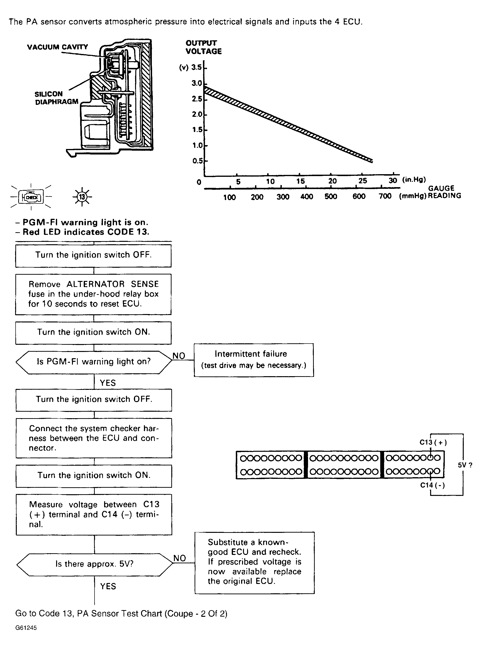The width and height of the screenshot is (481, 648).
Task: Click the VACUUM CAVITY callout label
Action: (x=57, y=47)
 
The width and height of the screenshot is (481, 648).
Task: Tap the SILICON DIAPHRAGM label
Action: (x=56, y=98)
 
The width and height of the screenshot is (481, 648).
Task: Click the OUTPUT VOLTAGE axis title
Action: (x=203, y=47)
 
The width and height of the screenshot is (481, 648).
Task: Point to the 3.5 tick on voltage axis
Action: (x=196, y=67)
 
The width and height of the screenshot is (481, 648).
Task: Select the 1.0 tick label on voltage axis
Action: (x=197, y=145)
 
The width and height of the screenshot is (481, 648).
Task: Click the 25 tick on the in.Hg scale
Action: (x=362, y=181)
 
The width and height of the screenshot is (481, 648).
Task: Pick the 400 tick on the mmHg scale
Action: (x=307, y=197)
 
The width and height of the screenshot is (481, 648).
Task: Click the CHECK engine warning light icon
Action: (x=31, y=197)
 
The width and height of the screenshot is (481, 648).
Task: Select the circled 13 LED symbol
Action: (x=82, y=197)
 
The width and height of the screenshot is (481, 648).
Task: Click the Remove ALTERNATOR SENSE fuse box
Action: (x=93, y=294)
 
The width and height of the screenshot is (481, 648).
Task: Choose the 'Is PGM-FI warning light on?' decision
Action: (x=94, y=362)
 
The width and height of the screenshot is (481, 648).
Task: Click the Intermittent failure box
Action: (x=254, y=360)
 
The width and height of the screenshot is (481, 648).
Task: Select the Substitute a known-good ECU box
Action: (x=254, y=562)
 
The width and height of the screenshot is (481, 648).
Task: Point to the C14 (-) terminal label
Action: (x=432, y=485)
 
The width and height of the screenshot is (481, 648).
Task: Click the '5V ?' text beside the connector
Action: (x=465, y=465)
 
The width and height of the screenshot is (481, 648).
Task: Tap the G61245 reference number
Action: (x=26, y=628)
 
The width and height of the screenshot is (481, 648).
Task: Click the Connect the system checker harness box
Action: (x=94, y=438)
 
